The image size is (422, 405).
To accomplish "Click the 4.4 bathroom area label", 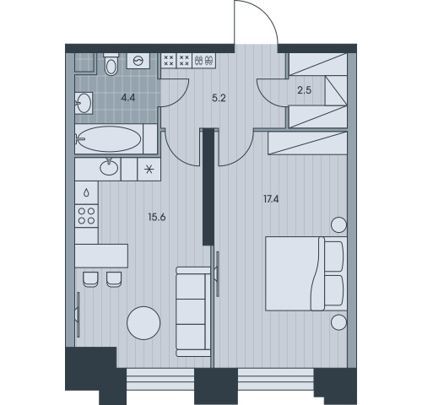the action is point(128,98).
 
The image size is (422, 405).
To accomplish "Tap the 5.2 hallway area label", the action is point(219,98).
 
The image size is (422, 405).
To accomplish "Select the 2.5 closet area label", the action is point(305,90).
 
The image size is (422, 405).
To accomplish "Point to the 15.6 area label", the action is point(157,217).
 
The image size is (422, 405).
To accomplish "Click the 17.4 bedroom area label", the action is point(271,199).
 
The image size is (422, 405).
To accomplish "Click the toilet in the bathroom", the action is point(111,64).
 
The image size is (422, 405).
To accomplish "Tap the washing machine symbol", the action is point(138,61).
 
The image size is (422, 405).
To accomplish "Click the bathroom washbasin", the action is point(84,103).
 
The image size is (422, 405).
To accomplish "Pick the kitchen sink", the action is point(109,167).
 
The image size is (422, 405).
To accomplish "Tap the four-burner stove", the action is point(87,216).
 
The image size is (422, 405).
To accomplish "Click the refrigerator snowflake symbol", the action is point(149,170).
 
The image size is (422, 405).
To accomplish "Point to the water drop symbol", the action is point(87,192).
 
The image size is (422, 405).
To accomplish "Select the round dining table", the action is point(143,323).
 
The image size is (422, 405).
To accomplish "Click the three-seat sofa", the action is point(193,312).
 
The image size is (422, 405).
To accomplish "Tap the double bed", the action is point(306,273).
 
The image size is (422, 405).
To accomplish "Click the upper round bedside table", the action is point(338,224).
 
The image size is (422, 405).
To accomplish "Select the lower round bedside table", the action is point(338,322).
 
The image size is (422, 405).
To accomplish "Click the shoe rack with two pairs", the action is point(204,61).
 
